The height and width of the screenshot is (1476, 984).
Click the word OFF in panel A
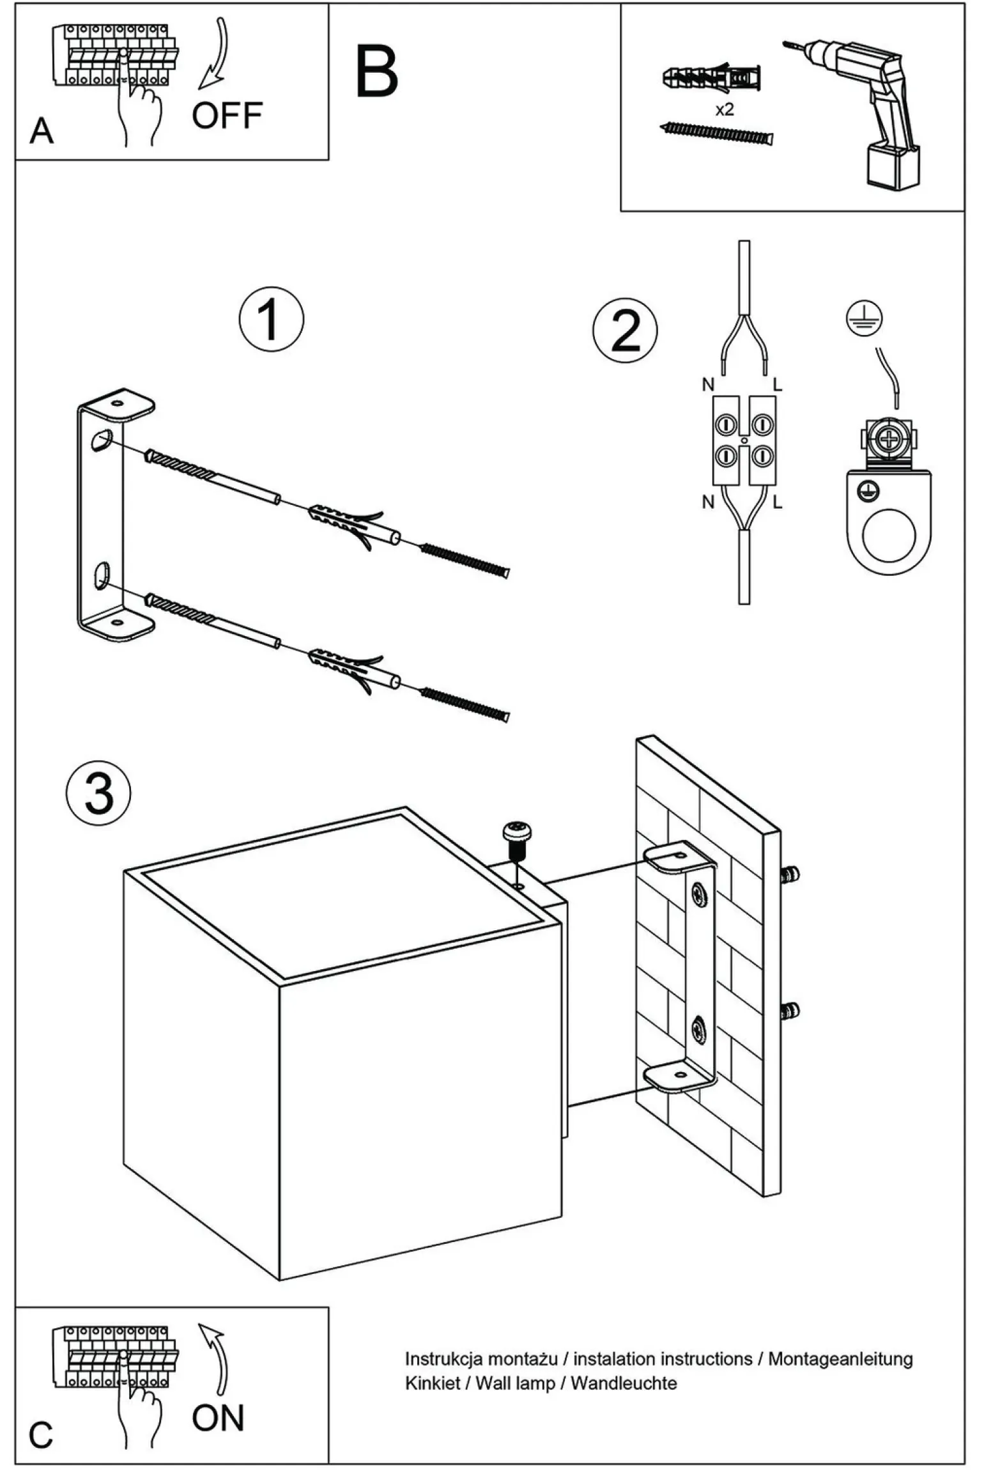[x=227, y=116]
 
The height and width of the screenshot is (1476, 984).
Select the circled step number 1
[x=272, y=320]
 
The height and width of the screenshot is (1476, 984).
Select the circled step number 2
[x=625, y=330]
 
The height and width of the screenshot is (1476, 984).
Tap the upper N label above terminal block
[x=708, y=384]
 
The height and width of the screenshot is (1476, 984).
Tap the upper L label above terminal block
[x=778, y=384]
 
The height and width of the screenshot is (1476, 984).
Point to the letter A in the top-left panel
[x=42, y=131]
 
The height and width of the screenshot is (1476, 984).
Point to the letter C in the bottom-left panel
[x=41, y=1435]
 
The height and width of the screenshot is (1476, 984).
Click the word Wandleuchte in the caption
[x=624, y=1383]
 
